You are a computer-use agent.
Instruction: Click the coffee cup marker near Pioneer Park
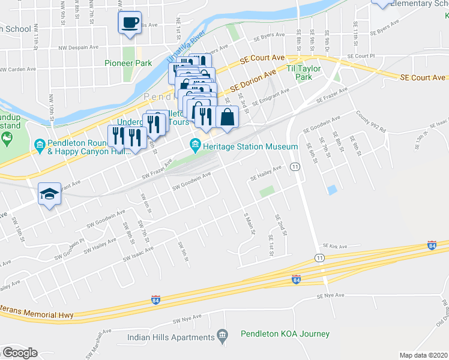point(130,23)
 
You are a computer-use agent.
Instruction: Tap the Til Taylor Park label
point(304,73)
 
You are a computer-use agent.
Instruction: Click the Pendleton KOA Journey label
point(285,334)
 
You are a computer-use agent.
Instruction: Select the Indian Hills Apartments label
point(171,337)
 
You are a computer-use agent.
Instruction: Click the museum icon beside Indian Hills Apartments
point(223,334)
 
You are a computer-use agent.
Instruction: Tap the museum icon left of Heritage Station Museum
point(195,145)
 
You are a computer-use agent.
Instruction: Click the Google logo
point(20,353)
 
